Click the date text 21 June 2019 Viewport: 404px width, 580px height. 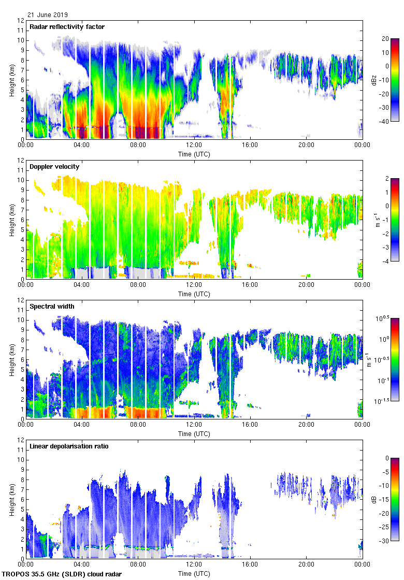click(48, 15)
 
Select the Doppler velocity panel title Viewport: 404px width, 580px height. click(54, 167)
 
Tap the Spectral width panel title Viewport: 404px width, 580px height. click(52, 307)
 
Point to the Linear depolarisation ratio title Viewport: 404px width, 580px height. click(69, 446)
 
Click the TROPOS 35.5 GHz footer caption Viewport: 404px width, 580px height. click(63, 574)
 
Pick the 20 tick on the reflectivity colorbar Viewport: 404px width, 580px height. click(385, 39)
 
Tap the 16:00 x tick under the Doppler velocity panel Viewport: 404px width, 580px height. click(250, 285)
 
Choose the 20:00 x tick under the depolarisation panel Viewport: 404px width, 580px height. click(306, 564)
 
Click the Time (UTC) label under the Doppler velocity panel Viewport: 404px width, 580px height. click(194, 294)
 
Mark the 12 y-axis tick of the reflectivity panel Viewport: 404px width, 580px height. click(21, 21)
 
